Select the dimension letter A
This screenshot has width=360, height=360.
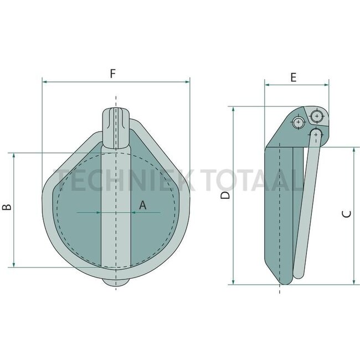pyautogui.click(x=142, y=205)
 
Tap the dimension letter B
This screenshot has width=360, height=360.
pyautogui.click(x=6, y=208)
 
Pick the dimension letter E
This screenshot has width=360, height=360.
pyautogui.click(x=293, y=78)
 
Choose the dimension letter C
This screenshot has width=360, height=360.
pyautogui.click(x=346, y=215)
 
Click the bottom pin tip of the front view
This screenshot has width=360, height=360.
pyautogui.click(x=116, y=283)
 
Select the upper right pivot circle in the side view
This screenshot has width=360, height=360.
pyautogui.click(x=317, y=116)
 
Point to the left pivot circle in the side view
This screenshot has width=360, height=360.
pyautogui.click(x=299, y=122)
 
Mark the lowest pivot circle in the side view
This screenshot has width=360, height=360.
pyautogui.click(x=316, y=133)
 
